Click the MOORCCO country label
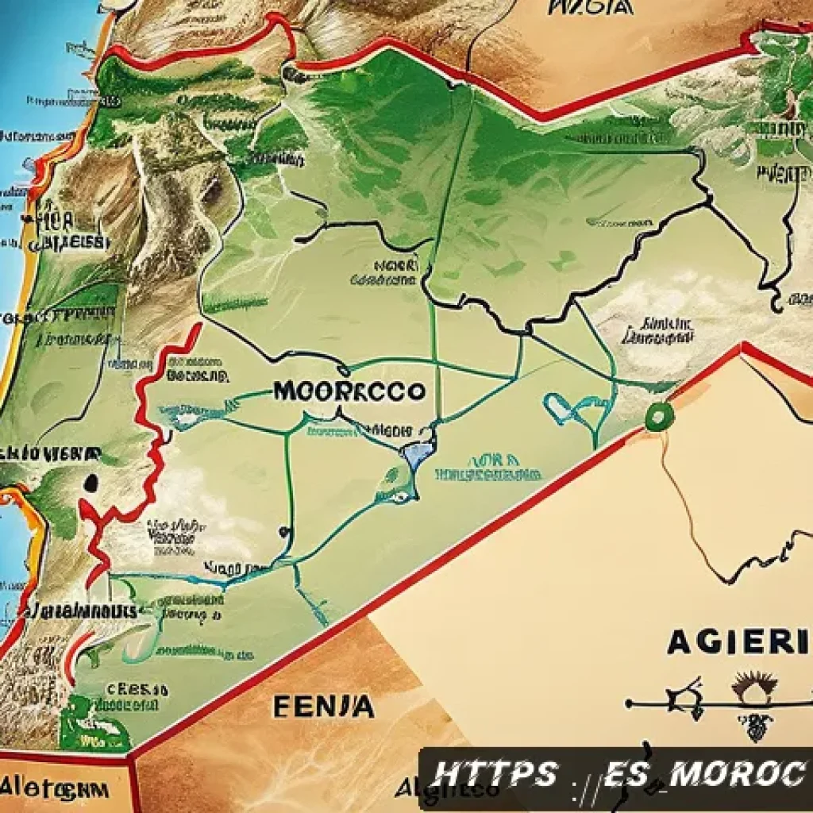coord(349,391)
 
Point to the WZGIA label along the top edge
coord(591,7)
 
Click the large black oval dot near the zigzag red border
coord(91,483)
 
